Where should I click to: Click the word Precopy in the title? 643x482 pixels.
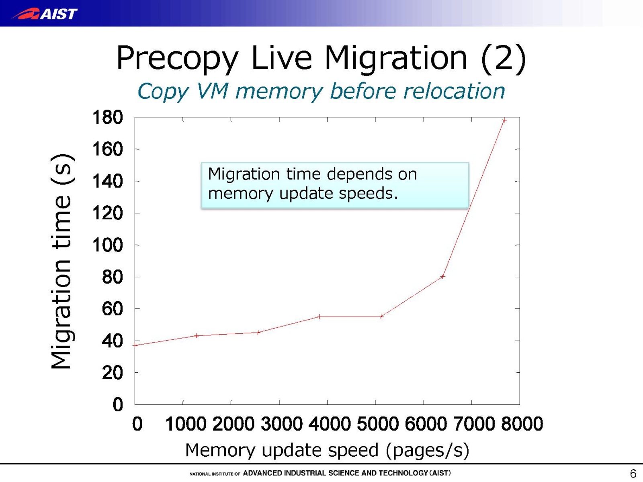point(177,59)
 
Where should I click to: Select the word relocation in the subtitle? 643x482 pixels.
point(454,91)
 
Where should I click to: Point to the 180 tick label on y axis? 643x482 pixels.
point(107,118)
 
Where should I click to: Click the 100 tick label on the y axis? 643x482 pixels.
point(107,245)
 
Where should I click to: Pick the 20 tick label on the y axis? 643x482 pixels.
point(112,373)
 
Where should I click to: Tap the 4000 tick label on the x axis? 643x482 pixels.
point(329,424)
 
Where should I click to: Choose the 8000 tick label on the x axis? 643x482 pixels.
point(522,424)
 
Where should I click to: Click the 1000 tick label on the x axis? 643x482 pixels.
point(186,424)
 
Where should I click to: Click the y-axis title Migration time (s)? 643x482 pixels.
point(62,261)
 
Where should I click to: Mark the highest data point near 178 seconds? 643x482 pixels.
point(504,120)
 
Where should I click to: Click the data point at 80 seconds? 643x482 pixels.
point(442,276)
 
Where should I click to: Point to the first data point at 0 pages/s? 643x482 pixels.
point(136,345)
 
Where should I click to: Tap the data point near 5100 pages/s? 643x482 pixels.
point(381,317)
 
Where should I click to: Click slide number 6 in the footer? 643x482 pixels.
point(633,474)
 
